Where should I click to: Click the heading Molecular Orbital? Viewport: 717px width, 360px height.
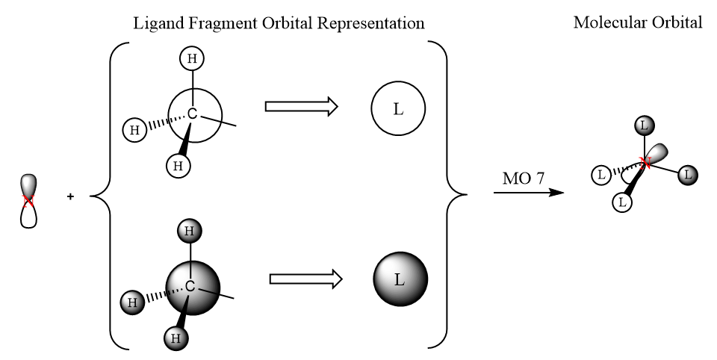point(637,22)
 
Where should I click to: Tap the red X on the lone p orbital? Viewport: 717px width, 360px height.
point(28,201)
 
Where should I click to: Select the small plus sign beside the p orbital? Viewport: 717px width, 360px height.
point(71,197)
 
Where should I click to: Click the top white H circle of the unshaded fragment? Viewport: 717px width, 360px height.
point(193,58)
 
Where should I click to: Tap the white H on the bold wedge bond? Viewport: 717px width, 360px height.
point(177,165)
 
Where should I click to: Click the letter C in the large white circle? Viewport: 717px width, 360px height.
point(192,114)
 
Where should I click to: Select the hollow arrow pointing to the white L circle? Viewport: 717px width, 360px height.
point(300,108)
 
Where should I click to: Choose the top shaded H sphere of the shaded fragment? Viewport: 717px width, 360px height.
point(190,231)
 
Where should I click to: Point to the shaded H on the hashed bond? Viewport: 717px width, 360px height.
point(132,302)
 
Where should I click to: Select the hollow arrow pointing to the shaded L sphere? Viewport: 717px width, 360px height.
point(305,279)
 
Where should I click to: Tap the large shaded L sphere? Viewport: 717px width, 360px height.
point(400,280)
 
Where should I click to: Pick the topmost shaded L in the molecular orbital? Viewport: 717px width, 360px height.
point(644,125)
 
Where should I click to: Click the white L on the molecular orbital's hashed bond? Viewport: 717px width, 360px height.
point(600,176)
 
